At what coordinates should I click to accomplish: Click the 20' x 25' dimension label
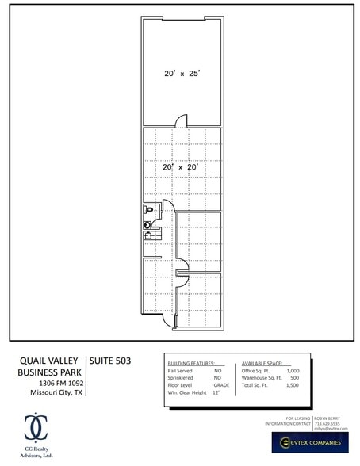[x=182, y=73]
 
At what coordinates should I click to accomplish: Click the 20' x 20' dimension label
[x=180, y=167]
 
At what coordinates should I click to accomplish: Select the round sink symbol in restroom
[x=147, y=225]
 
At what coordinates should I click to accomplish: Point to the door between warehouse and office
[x=182, y=121]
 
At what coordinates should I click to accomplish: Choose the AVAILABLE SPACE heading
[x=266, y=361]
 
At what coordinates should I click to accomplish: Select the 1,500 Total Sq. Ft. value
[x=292, y=384]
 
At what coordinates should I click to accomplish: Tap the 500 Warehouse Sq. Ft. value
[x=294, y=377]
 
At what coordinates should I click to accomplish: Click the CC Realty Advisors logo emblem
[x=34, y=426]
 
